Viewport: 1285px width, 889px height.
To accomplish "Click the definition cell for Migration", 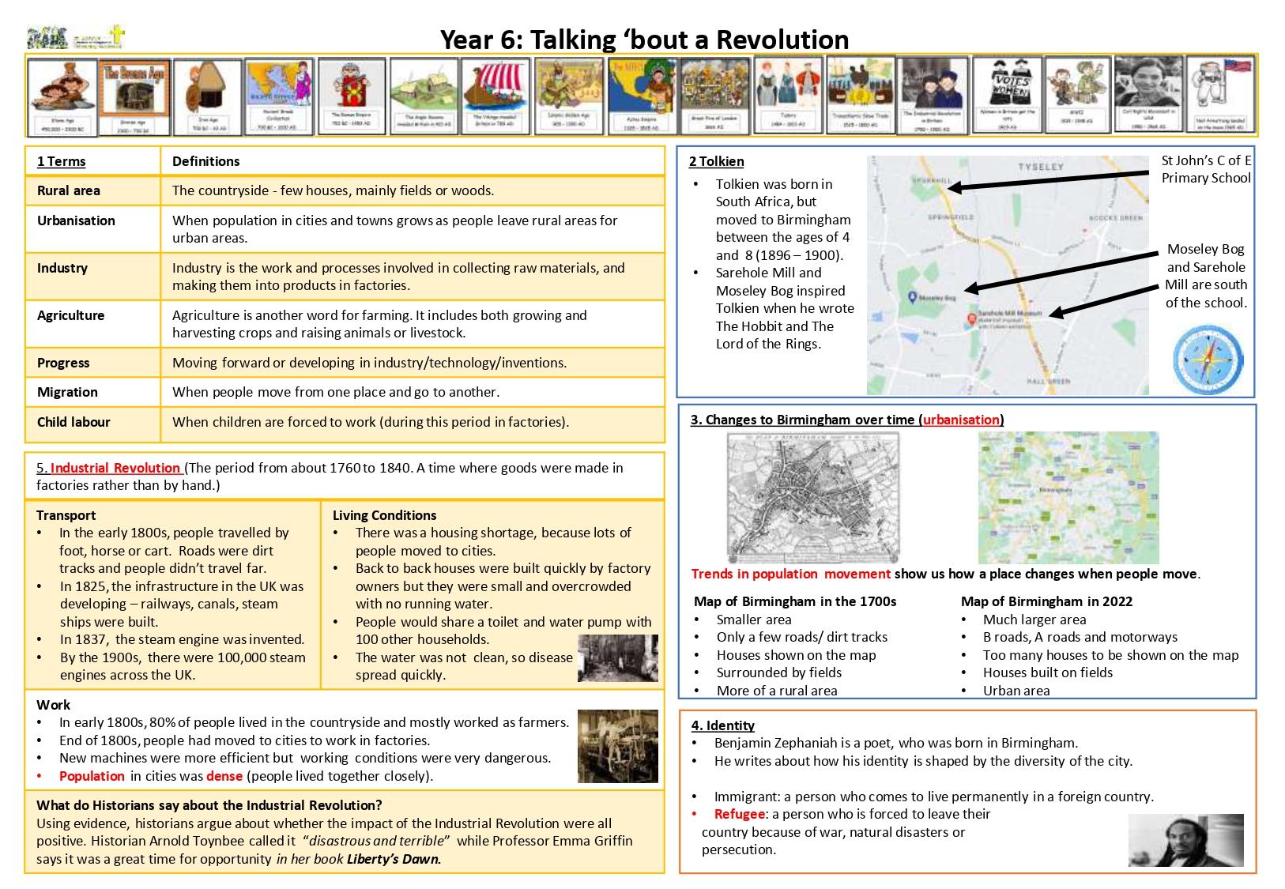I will point(336,392).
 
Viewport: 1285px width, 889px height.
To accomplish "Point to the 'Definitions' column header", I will point(205,161).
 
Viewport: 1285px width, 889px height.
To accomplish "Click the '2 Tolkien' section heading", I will point(716,161).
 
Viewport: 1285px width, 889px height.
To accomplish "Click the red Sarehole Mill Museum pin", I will point(972,319).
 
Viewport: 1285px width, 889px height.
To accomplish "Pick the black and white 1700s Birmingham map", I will point(813,498).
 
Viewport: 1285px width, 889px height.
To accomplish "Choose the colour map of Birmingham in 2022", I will point(1068,498).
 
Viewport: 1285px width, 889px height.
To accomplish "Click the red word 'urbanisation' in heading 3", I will point(962,420).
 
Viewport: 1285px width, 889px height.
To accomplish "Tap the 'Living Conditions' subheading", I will point(384,515).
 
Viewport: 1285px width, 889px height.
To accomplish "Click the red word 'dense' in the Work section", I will point(224,776).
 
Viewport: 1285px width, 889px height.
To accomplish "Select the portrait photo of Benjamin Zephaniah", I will point(1185,840).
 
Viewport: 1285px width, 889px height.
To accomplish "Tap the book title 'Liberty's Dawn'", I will point(394,859).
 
